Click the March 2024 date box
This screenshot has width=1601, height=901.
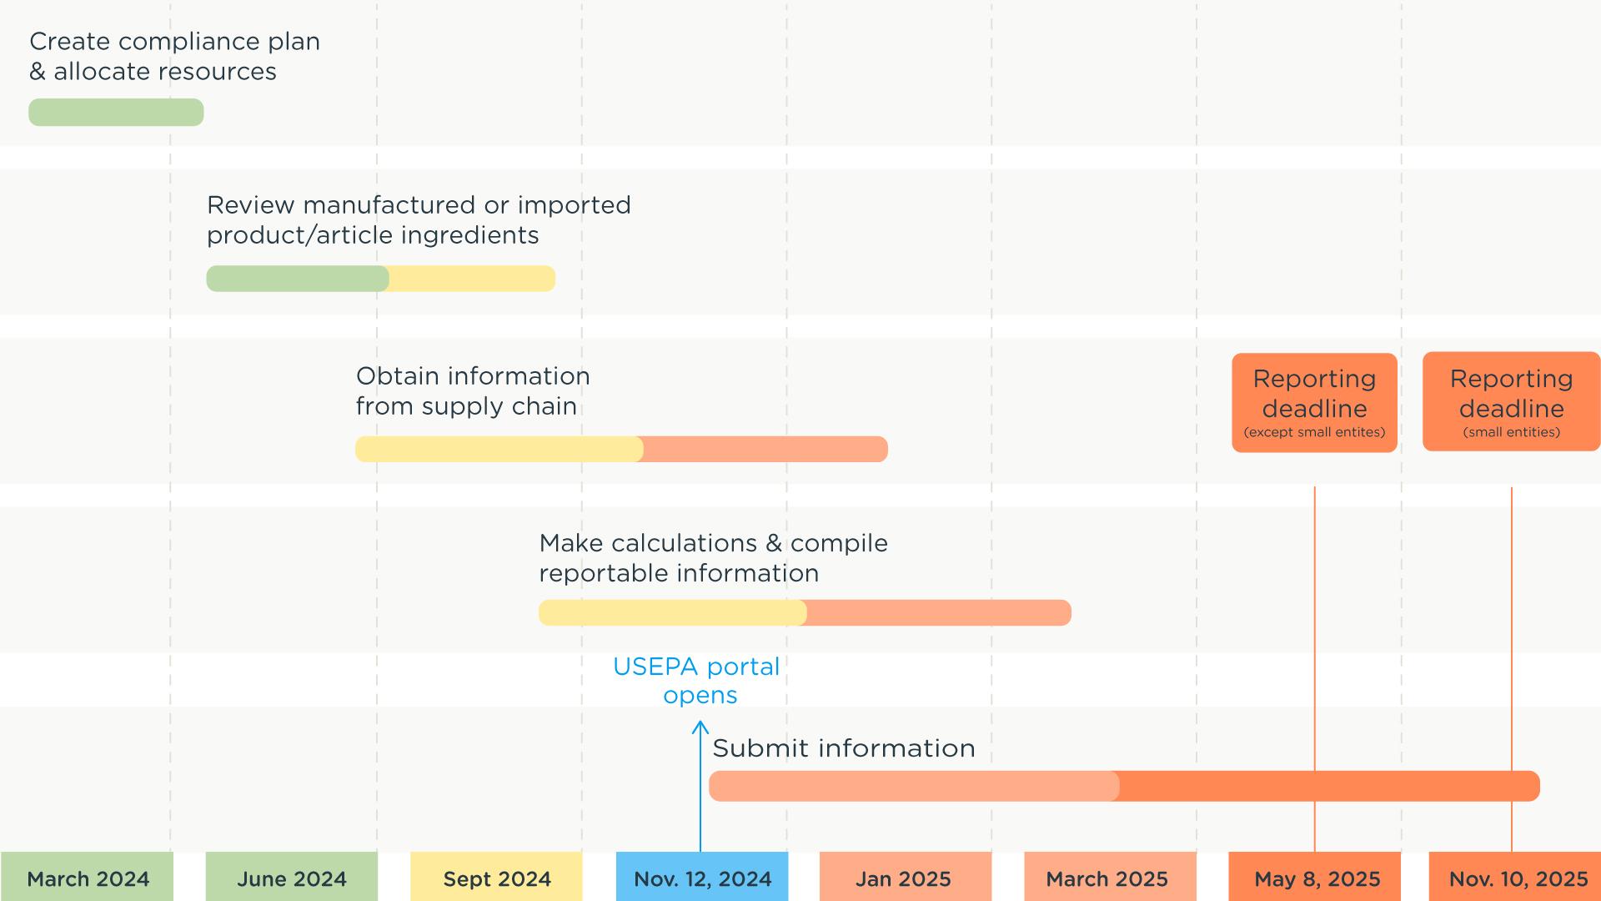pos(88,878)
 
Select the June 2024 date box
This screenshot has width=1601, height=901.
pos(292,878)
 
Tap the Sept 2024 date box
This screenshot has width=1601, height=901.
pos(497,878)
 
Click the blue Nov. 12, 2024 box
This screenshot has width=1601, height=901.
pos(702,878)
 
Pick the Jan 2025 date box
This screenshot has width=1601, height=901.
pos(904,878)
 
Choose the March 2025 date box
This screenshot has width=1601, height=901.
pos(1107,878)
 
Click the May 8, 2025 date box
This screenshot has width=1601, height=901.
pos(1316,878)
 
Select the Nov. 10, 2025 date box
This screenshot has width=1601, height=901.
pos(1516,878)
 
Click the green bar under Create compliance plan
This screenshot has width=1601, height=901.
pos(116,113)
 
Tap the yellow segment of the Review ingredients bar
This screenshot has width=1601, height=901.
pos(472,279)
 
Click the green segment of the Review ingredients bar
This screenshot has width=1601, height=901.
pos(298,279)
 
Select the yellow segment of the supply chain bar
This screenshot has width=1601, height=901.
pos(499,449)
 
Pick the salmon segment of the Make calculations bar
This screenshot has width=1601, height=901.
pos(939,612)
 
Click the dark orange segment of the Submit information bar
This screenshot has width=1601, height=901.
pos(1329,786)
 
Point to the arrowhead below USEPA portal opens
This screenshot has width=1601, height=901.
pos(700,727)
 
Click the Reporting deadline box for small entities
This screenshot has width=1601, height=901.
pos(1511,402)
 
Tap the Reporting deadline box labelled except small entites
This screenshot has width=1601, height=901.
pos(1314,403)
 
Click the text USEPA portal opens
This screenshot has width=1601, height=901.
pos(697,681)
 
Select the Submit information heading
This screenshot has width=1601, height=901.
pos(843,748)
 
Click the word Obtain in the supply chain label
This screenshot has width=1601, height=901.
pos(398,376)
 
